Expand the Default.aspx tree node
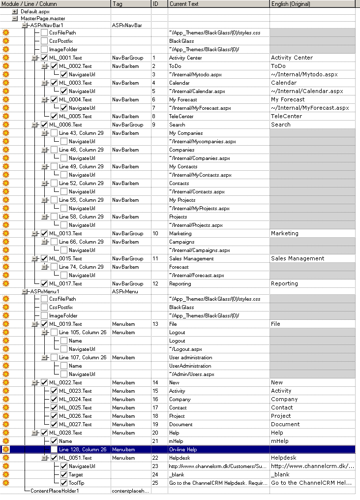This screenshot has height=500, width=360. coord(15,11)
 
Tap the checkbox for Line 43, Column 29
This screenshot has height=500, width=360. coord(54,133)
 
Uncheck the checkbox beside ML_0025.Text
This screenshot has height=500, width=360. coord(54,407)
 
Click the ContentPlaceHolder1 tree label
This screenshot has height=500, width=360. coord(55,491)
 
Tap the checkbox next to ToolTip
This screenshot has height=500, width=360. coord(64,483)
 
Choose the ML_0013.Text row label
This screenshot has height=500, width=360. coord(65,233)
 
